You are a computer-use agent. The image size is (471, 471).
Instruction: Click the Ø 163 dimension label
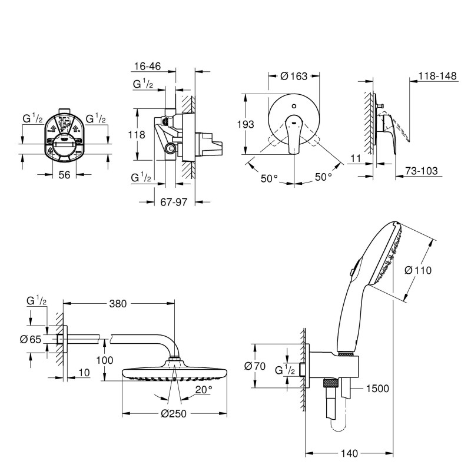pos(294,75)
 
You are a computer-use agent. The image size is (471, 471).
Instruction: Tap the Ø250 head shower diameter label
pos(174,413)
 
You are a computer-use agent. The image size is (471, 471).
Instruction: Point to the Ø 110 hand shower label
pos(419,270)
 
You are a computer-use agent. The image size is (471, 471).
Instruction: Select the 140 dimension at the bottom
pos(350,453)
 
